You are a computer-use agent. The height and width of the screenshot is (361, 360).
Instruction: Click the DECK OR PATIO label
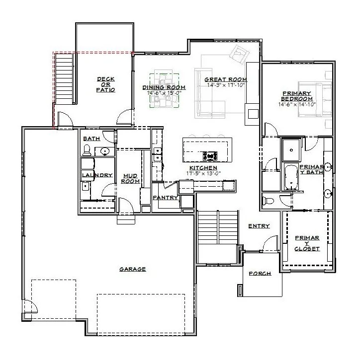[106, 84]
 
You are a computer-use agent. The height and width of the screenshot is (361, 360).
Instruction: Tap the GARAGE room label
[132, 269]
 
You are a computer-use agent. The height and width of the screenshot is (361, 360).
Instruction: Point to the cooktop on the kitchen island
[211, 155]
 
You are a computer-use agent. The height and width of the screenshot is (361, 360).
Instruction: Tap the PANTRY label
[165, 198]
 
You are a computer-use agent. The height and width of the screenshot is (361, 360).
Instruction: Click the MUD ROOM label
[130, 178]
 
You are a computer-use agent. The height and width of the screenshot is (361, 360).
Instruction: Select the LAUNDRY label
[97, 175]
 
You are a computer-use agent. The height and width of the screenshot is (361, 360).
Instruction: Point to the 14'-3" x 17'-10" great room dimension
[227, 85]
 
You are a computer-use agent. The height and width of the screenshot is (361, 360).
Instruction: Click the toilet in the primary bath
[269, 201]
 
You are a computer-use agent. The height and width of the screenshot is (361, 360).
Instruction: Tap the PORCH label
[260, 274]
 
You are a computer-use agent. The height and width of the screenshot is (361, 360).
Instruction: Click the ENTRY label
[259, 226]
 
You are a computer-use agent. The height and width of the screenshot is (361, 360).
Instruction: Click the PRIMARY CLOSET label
[307, 243]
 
